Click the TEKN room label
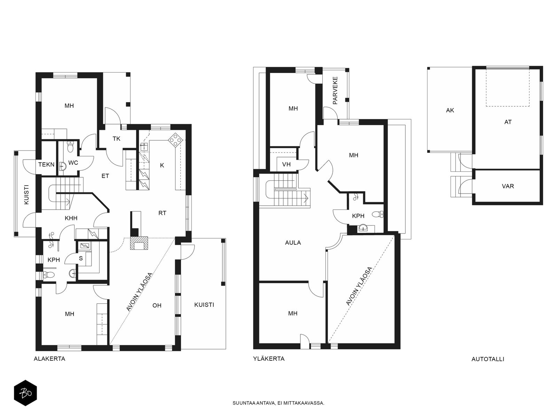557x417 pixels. pos(46,165)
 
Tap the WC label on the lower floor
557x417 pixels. pos(73,163)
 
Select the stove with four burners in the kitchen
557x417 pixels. pos(175,140)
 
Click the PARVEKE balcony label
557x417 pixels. pos(335,90)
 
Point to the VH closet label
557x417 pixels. pos(286,165)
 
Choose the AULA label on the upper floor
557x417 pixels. pos(293,243)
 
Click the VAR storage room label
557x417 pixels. pos(508,186)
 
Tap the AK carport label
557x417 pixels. pos(450,111)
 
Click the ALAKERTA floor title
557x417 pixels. pos(49,359)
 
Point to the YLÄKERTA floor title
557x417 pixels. pos(269,359)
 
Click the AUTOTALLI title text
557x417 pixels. pos(488,359)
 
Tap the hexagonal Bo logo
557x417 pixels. pos(25,393)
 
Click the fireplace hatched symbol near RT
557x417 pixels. pos(139,243)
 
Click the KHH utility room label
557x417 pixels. pos(71,218)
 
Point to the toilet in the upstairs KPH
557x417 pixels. pos(378,214)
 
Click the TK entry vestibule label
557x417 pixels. pos(117,139)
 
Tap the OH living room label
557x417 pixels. pos(157,305)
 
